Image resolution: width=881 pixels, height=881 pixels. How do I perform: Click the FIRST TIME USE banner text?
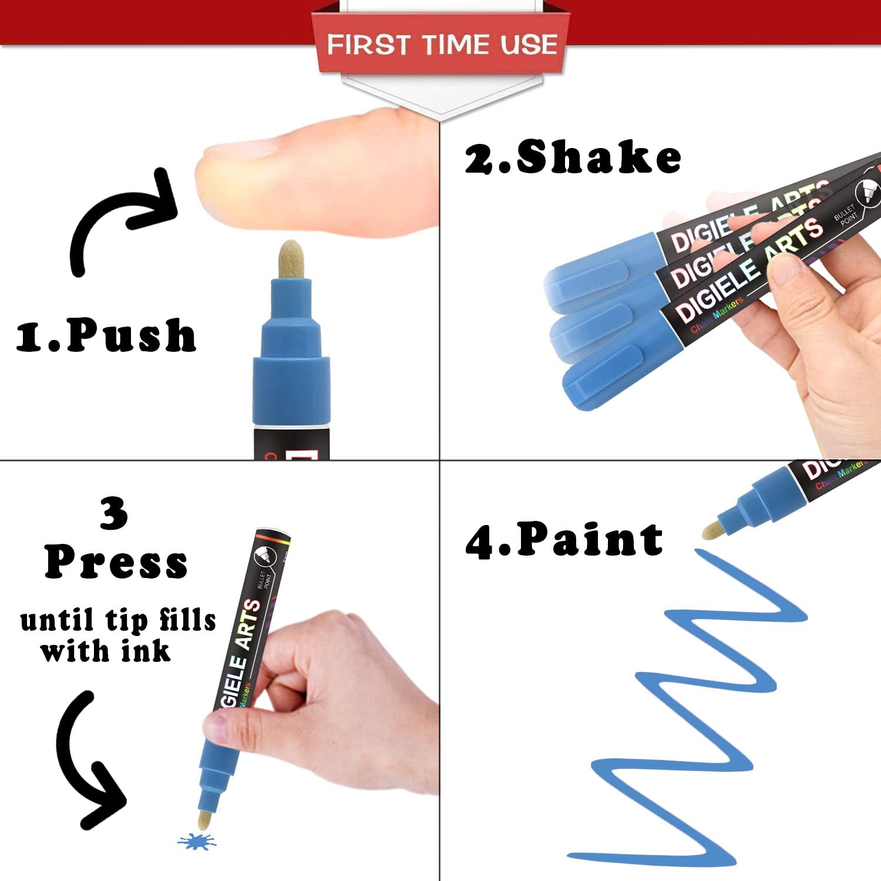tap(442, 45)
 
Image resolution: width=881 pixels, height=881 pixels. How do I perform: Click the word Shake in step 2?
tap(598, 157)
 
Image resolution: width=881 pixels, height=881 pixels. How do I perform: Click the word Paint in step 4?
tap(590, 540)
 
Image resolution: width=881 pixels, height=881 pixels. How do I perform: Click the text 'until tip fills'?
tap(118, 621)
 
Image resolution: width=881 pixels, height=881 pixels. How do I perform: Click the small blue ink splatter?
tap(197, 842)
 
